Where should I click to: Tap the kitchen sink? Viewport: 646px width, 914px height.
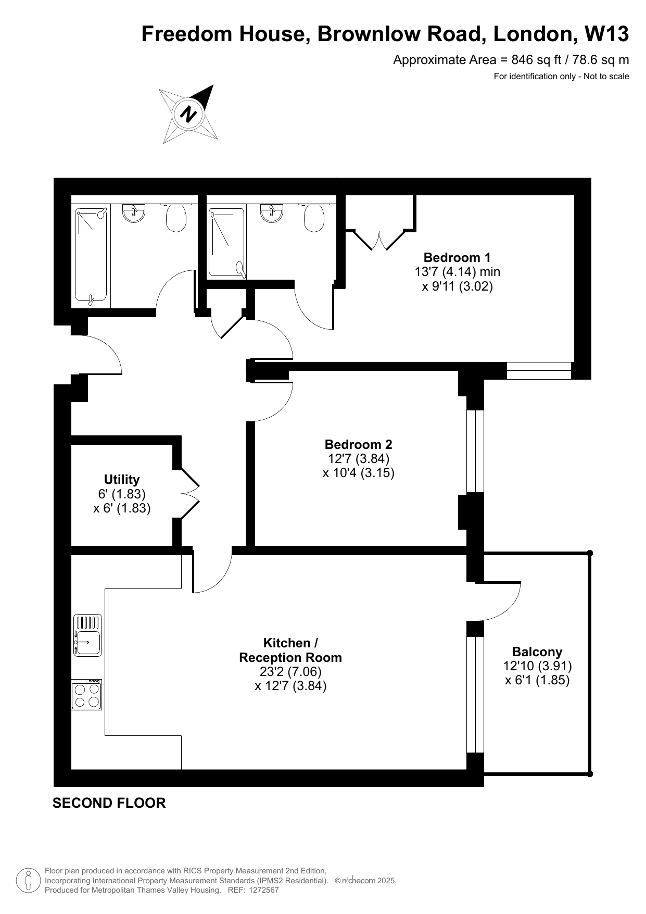[x=87, y=635]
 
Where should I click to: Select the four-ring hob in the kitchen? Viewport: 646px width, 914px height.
[x=87, y=695]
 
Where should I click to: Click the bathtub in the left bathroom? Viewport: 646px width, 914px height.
[x=91, y=255]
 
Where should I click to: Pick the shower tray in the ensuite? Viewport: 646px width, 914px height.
[x=226, y=242]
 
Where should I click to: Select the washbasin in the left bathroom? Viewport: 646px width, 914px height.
[x=134, y=213]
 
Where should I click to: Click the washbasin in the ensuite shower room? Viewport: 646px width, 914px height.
[x=272, y=213]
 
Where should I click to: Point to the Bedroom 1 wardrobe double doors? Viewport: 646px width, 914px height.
[x=379, y=239]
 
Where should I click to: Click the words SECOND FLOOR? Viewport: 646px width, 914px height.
[x=109, y=803]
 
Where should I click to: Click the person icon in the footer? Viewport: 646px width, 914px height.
[x=29, y=881]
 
